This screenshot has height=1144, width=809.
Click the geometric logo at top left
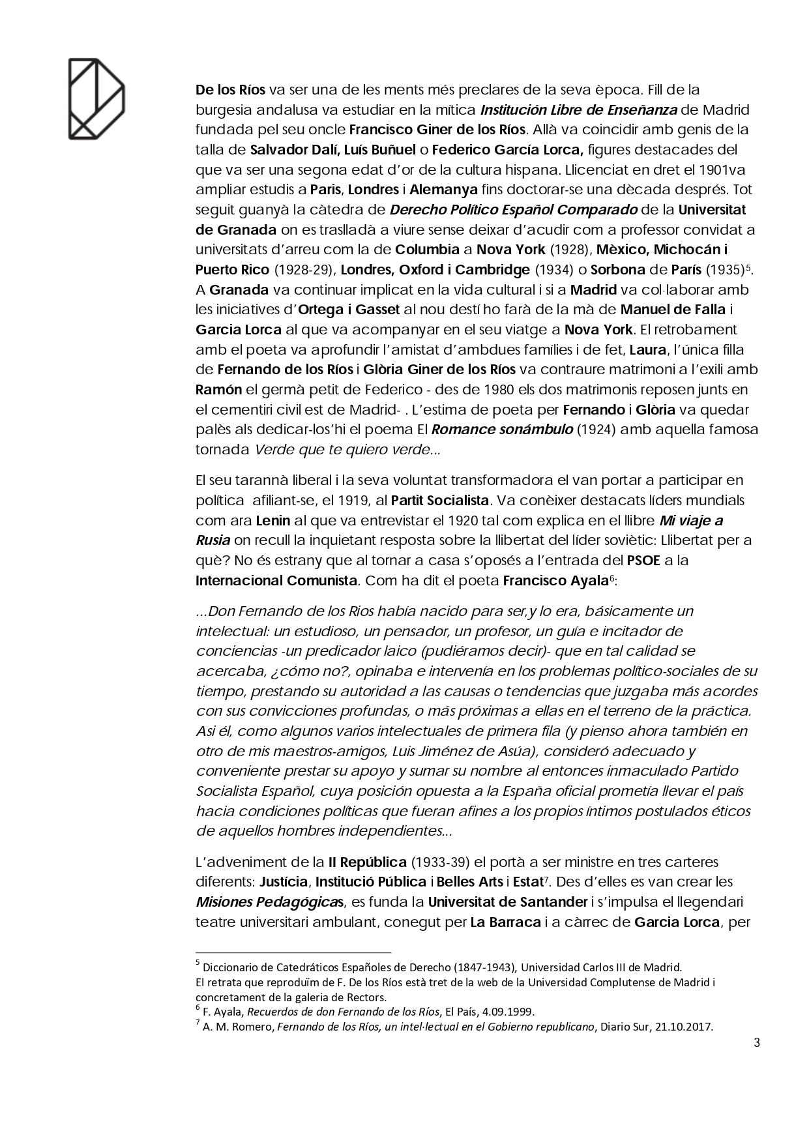click(96, 98)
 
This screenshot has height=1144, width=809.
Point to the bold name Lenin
click(272, 520)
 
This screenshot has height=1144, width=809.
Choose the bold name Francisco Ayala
click(555, 580)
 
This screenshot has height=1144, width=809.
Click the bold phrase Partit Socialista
click(439, 500)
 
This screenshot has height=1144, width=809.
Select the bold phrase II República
click(368, 862)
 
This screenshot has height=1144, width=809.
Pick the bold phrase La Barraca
click(505, 922)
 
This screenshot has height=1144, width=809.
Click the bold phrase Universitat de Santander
click(508, 902)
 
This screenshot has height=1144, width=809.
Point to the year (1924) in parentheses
click(595, 430)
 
